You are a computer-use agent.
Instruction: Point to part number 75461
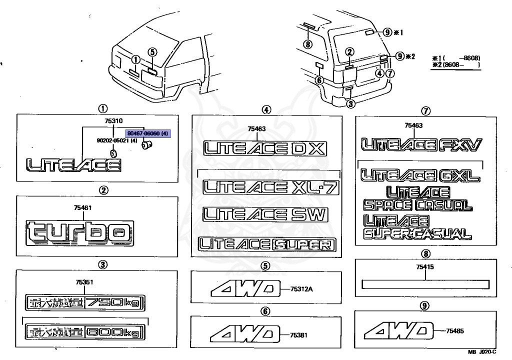(x=83, y=207)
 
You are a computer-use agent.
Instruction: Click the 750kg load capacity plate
(x=83, y=302)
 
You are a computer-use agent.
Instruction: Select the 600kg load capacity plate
(x=83, y=331)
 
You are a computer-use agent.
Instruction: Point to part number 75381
(x=298, y=335)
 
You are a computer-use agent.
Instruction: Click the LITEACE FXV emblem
(x=421, y=145)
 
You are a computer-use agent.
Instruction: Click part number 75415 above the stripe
(x=424, y=267)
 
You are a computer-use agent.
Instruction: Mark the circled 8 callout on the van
(x=307, y=44)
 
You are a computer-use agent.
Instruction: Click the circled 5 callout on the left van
(x=152, y=51)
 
